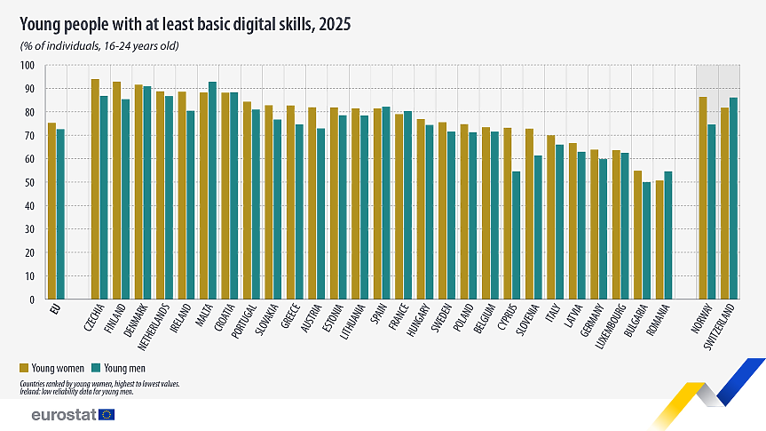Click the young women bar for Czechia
pos(95,188)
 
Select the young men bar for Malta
pos(212,190)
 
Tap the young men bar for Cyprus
pos(516,235)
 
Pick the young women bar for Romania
pos(659,240)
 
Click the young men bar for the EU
pos(60,214)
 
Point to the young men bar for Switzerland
pos(733,198)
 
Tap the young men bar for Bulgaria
pos(646,241)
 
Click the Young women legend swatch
pos(24,368)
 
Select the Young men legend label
pos(124,369)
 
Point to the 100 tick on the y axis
pos(28,66)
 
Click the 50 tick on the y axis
pos(29,182)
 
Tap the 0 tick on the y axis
pos(32,299)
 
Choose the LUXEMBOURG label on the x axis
pos(611,326)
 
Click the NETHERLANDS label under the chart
pos(154,327)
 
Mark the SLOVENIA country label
pos(527,320)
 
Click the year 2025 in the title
pos(335,24)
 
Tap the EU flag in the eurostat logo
pos(107,415)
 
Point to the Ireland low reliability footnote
pos(76,392)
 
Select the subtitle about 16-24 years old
pos(99,46)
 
